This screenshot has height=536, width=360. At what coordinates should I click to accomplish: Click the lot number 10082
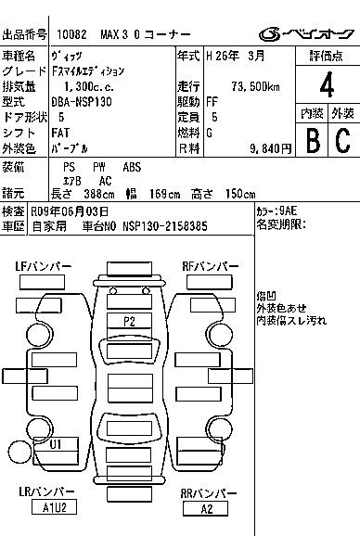[x=71, y=34]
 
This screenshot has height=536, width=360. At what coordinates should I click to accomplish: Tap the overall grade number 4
[x=327, y=84]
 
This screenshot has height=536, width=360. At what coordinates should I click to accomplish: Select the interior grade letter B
[x=313, y=140]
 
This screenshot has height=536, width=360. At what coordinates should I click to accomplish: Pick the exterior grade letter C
[x=343, y=140]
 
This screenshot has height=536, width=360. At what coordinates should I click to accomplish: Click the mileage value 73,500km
[x=255, y=86]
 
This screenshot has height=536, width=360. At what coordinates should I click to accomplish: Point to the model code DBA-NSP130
[x=82, y=102]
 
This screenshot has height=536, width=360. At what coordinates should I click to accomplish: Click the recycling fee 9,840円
[x=270, y=148]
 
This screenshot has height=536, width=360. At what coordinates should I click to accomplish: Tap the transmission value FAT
[x=60, y=133]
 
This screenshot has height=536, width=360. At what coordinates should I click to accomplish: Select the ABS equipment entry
[x=132, y=167]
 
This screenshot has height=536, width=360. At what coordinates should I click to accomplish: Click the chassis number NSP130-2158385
[x=165, y=226]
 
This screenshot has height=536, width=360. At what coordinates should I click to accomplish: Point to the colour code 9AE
[x=289, y=211]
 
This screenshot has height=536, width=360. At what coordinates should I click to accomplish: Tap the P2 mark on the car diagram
[x=129, y=322]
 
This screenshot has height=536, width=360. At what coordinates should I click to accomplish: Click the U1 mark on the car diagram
[x=56, y=444]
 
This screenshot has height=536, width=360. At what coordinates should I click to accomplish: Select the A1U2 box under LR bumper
[x=54, y=507]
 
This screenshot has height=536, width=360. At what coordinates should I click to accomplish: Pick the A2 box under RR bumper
[x=205, y=509]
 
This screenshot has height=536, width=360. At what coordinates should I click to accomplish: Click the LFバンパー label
[x=44, y=266]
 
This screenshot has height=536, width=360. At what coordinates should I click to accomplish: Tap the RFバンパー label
[x=211, y=266]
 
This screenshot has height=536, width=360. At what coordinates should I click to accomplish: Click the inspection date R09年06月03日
[x=70, y=211]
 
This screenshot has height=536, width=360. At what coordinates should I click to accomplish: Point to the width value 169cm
[x=164, y=194]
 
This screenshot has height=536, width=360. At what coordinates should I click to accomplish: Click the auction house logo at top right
[x=306, y=34]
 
